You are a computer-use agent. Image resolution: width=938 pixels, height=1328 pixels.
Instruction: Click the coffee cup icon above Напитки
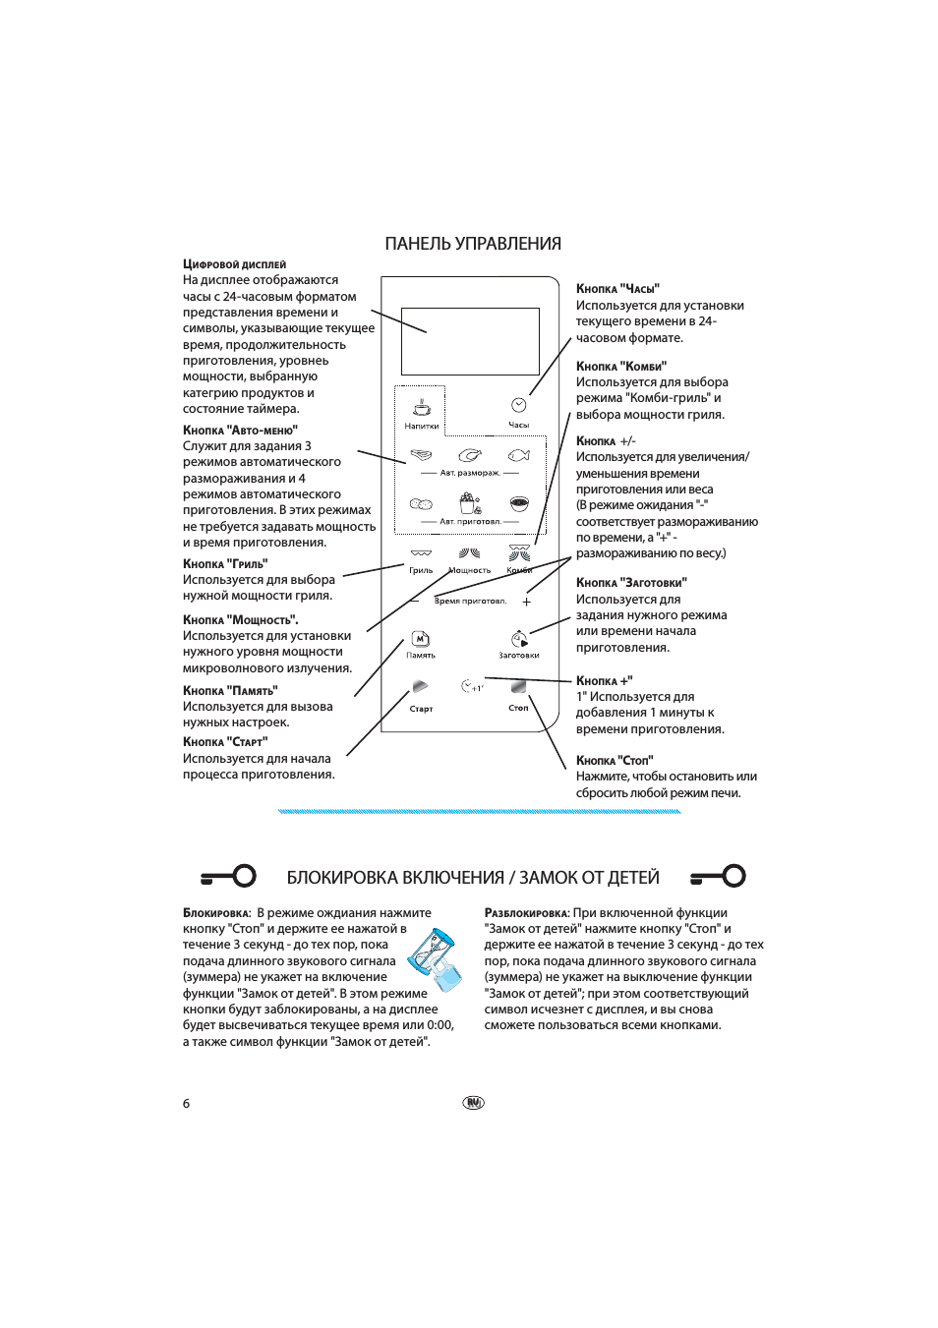coord(422,407)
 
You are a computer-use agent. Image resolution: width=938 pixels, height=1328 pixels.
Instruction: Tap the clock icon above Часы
coord(519,405)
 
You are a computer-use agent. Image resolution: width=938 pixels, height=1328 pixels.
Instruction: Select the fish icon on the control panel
coord(519,455)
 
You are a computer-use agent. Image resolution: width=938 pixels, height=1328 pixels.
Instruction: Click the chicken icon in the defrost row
coord(470,455)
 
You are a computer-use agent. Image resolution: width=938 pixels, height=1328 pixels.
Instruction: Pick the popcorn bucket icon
coord(470,502)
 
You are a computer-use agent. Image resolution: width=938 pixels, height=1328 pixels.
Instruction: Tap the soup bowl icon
coord(519,503)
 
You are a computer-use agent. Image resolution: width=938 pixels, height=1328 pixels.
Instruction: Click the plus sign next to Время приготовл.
coord(526,602)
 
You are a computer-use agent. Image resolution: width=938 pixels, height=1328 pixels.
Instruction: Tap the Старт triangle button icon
coord(421,686)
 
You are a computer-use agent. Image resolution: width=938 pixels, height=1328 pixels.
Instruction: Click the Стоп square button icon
coord(519,686)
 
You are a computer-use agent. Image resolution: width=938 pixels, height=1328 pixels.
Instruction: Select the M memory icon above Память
coord(421,639)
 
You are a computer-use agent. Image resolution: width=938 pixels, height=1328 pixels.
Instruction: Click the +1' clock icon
coord(472,686)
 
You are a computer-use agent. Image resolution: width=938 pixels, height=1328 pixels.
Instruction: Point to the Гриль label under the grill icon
coord(421,570)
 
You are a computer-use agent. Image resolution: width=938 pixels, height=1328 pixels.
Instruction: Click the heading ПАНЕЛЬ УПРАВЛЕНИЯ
coord(473,244)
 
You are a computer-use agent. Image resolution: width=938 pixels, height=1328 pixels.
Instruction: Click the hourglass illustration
coord(436,959)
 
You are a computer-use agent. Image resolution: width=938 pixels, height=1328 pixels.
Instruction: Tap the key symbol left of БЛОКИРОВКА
coord(228,876)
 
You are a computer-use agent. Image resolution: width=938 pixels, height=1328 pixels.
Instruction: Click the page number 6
coord(186,1103)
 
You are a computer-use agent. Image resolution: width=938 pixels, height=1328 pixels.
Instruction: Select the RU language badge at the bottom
coord(473,1103)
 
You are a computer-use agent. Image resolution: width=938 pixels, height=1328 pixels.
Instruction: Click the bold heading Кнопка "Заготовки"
coord(631,583)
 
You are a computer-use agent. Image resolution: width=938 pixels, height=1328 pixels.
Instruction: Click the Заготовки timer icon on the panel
coord(519,639)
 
